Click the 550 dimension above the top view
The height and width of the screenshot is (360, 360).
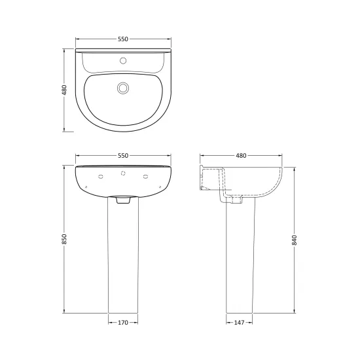123,39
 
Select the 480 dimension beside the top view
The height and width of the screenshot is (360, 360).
64,90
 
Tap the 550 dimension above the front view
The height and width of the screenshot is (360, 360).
123,155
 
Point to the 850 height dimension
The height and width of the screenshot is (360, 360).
64,239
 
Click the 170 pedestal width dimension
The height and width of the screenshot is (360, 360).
123,323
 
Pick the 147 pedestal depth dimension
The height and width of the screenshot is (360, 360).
239,323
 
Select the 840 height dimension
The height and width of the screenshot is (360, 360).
295,240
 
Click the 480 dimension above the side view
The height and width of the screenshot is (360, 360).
241,155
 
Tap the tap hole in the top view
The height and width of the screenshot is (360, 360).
123,61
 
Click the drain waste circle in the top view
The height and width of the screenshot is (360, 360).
123,88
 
